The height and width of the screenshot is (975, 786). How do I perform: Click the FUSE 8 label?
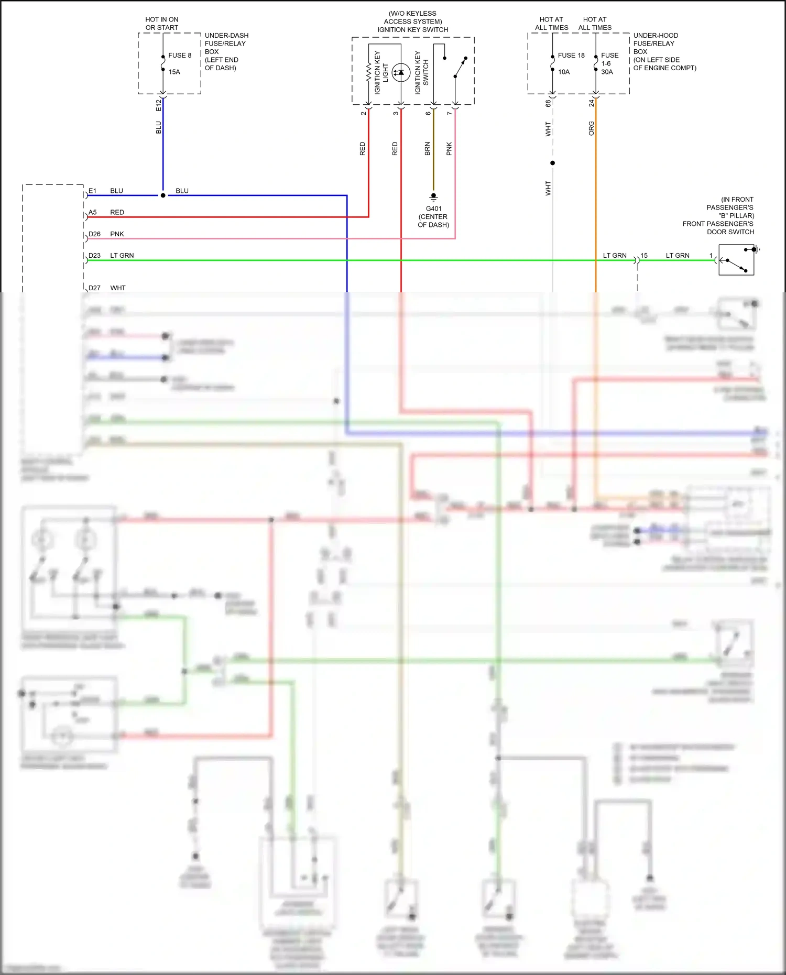[180, 56]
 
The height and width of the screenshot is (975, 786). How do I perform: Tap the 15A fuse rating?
[174, 72]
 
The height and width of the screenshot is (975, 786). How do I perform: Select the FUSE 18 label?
[571, 56]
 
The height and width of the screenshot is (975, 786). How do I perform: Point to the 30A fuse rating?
[607, 72]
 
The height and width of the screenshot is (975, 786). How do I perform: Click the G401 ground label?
[433, 209]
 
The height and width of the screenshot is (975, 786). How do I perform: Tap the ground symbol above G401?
[433, 197]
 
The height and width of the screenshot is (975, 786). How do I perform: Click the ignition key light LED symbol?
[401, 72]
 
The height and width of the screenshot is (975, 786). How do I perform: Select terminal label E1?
[93, 191]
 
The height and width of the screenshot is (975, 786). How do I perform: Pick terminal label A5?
[93, 212]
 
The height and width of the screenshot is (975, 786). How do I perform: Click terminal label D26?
[94, 234]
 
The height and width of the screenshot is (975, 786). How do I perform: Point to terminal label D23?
[94, 255]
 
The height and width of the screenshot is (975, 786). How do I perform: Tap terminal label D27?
[94, 288]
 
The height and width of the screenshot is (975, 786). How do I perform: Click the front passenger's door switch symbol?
[736, 260]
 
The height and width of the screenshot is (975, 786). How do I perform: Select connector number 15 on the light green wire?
[644, 256]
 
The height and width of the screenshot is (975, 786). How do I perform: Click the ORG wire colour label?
[592, 128]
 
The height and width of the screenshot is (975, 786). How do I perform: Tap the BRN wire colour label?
[428, 149]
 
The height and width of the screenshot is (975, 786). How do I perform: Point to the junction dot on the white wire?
[552, 163]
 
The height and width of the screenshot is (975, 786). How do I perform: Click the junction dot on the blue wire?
[163, 195]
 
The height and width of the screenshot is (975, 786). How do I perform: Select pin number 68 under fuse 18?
[549, 104]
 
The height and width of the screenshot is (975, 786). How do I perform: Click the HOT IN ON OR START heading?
[162, 24]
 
